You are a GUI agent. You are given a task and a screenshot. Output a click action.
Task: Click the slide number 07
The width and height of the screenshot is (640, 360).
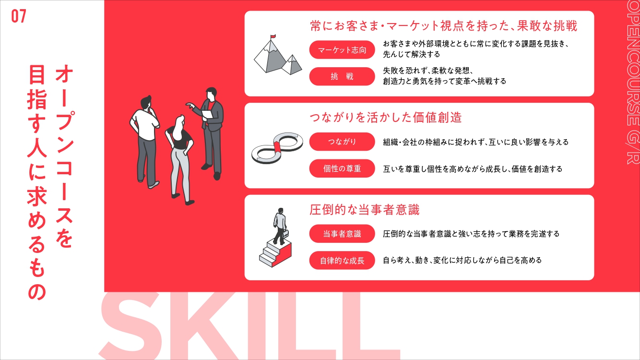tap(19, 16)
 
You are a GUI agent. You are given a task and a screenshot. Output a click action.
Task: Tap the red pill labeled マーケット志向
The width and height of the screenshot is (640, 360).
tap(342, 50)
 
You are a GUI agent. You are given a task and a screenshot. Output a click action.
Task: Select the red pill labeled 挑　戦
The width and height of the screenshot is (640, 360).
tap(342, 76)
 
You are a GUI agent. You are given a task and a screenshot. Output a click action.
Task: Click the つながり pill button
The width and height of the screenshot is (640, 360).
tap(342, 142)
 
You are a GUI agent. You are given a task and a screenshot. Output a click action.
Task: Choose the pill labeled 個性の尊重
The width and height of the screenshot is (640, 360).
tap(342, 168)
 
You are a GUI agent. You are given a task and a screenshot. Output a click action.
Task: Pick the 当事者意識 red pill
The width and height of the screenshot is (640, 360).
tap(342, 234)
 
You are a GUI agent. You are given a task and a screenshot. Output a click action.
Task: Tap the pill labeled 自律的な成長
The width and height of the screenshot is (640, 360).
tap(342, 261)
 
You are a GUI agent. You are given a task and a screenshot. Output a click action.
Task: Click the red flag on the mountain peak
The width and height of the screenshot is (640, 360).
tap(273, 36)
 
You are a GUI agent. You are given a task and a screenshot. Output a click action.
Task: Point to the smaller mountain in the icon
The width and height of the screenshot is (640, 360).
tap(292, 65)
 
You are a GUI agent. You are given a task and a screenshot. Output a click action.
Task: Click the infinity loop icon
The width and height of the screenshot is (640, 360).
tap(277, 148)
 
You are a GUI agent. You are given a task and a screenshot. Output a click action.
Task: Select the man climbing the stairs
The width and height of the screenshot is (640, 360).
tap(280, 226)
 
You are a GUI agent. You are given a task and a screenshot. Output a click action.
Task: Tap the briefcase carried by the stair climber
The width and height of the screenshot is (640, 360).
tap(285, 234)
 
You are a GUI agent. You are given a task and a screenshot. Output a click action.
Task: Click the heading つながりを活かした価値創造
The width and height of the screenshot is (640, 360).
tap(386, 118)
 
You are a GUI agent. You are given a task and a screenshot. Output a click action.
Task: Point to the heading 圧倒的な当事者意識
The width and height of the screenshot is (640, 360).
tap(365, 210)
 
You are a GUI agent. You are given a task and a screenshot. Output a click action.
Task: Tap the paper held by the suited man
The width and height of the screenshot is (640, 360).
tap(207, 114)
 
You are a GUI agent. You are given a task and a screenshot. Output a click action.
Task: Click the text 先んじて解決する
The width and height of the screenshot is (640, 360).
tap(412, 54)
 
